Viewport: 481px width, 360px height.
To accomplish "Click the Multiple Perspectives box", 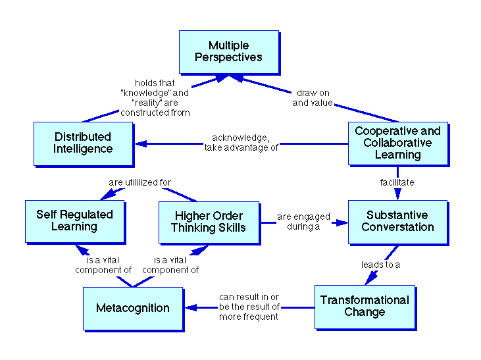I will pyautogui.click(x=228, y=51).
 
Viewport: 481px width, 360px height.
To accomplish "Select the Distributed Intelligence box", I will pyautogui.click(x=83, y=143).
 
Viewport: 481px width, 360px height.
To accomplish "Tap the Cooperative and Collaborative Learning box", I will pyautogui.click(x=397, y=143).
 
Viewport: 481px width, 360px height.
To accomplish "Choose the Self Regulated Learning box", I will pyautogui.click(x=74, y=220).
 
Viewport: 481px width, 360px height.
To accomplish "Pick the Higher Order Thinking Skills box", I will pyautogui.click(x=209, y=222).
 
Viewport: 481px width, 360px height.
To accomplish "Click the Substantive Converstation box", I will pyautogui.click(x=397, y=221).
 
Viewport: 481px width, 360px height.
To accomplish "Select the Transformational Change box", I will pyautogui.click(x=365, y=306).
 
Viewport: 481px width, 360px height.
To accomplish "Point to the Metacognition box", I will pyautogui.click(x=133, y=308).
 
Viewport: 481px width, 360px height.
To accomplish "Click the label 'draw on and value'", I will pyautogui.click(x=313, y=98).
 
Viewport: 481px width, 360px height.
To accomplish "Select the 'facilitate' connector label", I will pyautogui.click(x=397, y=182).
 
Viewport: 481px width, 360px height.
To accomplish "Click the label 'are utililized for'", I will pyautogui.click(x=139, y=182).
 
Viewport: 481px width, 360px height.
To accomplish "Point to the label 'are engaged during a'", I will pyautogui.click(x=303, y=222).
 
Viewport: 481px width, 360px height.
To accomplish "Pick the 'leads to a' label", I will pyautogui.click(x=380, y=265).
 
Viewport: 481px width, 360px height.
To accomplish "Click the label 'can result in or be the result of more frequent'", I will pyautogui.click(x=249, y=307).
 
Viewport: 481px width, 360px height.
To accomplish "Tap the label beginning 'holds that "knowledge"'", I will pyautogui.click(x=156, y=98).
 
